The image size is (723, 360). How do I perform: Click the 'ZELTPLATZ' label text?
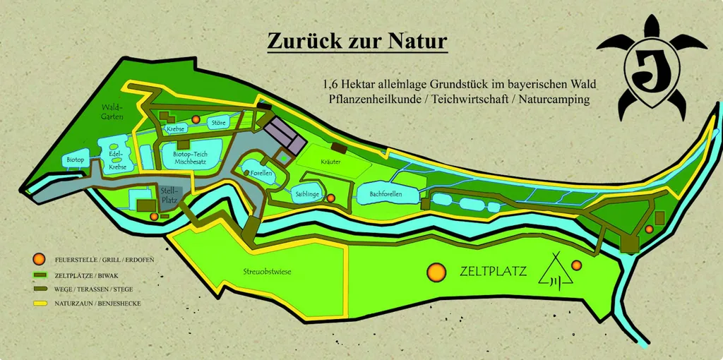[x=493, y=271]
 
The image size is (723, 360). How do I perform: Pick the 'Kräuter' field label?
[x=331, y=162]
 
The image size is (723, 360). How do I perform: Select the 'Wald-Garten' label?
[x=112, y=112]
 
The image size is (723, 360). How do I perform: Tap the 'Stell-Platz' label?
[x=167, y=195]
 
